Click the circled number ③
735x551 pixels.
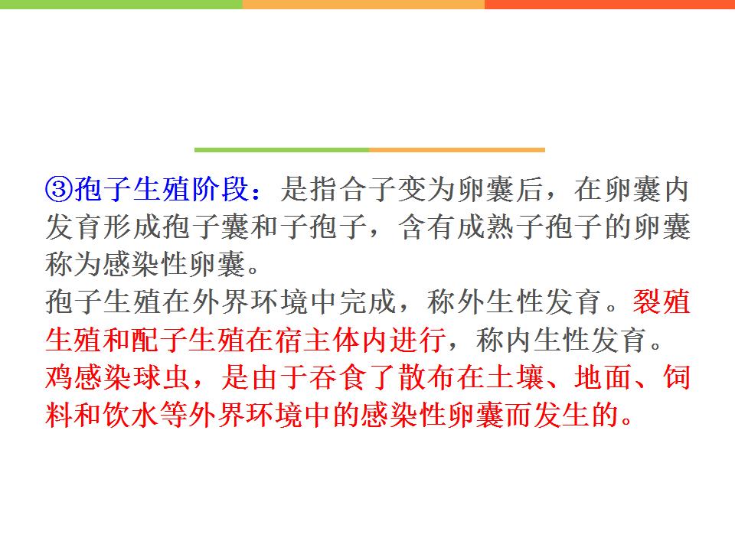coord(59,189)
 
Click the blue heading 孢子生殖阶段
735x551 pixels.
coord(162,189)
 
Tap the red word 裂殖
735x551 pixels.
coord(661,302)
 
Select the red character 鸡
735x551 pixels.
coord(60,377)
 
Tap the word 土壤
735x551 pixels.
coord(514,377)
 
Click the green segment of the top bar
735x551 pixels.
coord(121,5)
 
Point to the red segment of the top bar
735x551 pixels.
coord(610,5)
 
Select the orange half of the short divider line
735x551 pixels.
coord(457,150)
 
